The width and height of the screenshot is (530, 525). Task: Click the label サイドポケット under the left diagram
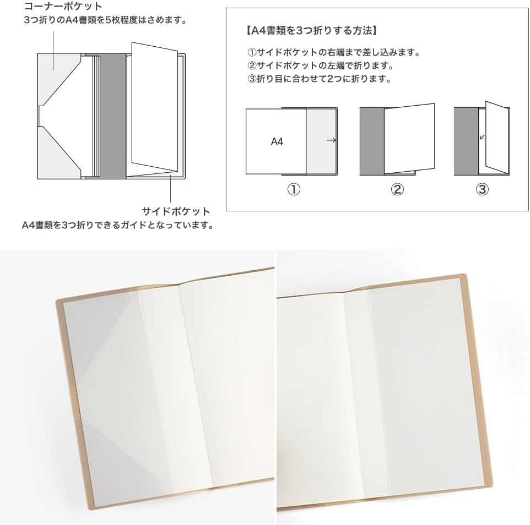point(176,211)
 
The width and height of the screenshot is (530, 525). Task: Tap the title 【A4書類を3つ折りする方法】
point(312,30)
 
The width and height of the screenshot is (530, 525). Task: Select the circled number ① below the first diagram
point(294,189)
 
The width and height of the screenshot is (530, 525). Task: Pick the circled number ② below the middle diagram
point(397,189)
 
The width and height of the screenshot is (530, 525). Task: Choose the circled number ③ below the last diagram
point(482,189)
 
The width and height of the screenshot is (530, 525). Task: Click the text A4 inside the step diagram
point(277,141)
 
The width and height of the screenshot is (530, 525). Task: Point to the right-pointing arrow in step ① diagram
point(331,141)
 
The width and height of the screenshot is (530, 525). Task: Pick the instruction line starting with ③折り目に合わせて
point(320,78)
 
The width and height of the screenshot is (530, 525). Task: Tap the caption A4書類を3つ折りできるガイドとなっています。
point(117,225)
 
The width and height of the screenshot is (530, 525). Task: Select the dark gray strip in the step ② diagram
point(371,140)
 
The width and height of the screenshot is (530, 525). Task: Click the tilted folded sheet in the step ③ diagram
point(496,138)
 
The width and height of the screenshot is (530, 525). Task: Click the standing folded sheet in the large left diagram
point(154,107)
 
